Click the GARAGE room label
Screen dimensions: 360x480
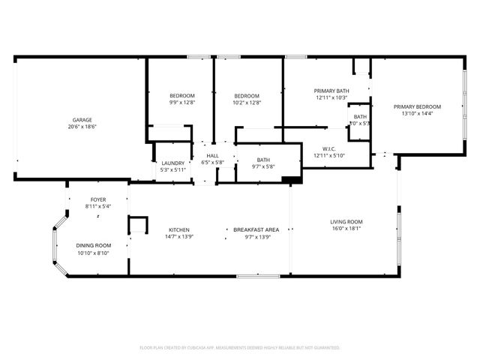click(x=82, y=120)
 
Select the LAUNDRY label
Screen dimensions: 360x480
click(x=173, y=163)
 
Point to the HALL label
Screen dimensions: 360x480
click(x=212, y=155)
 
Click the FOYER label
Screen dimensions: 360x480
click(x=97, y=199)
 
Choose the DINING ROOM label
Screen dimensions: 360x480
click(x=94, y=245)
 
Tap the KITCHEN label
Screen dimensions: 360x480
click(x=178, y=229)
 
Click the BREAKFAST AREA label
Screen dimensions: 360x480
click(x=256, y=229)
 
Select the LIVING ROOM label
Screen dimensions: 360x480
click(x=346, y=221)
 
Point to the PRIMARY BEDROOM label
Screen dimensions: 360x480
click(x=418, y=106)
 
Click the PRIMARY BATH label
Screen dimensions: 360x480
click(x=331, y=91)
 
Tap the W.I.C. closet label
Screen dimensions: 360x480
click(x=328, y=148)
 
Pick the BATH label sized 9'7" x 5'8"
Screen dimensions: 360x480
click(x=263, y=159)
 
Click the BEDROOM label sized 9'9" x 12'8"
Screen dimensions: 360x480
click(x=182, y=95)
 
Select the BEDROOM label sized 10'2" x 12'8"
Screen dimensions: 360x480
click(x=247, y=95)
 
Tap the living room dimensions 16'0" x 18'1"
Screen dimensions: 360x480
click(x=346, y=229)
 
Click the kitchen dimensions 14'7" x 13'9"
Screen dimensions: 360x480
click(x=178, y=237)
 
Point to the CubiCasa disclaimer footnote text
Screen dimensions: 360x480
click(x=240, y=348)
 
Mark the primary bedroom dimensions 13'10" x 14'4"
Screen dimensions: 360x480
click(x=418, y=115)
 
